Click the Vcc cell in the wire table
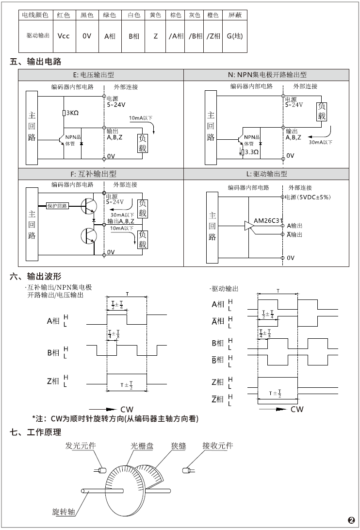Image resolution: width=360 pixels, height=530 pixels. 63,36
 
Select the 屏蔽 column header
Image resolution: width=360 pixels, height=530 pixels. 236,15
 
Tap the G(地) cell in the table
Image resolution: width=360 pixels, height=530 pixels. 235,36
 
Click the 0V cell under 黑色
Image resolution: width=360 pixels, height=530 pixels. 87,36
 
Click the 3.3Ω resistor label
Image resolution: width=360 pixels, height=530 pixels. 251,152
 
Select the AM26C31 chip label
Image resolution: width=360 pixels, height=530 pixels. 268,220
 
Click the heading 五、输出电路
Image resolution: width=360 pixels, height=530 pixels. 36,62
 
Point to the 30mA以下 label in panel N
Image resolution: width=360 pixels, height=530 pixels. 321,143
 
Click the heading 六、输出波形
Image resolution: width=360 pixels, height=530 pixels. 36,277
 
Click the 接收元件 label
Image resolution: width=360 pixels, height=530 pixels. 218,446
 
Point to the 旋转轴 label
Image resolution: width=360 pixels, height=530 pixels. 63,513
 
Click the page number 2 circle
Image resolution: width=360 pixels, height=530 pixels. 351,520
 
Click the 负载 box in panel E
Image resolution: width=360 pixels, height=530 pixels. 142,143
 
